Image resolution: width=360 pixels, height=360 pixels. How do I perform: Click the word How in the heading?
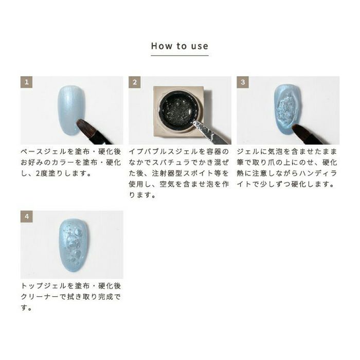(161, 46)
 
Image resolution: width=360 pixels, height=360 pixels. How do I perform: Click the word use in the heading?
(200, 47)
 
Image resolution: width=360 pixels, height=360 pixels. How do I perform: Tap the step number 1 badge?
(26, 82)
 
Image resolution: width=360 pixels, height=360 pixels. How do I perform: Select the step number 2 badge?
(135, 82)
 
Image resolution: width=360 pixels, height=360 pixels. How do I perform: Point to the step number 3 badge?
(243, 82)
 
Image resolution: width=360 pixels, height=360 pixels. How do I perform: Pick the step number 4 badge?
(27, 217)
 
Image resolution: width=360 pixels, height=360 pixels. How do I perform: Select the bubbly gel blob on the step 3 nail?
(287, 109)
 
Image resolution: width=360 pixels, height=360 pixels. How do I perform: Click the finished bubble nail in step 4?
(74, 245)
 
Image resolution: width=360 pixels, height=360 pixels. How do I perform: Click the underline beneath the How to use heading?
(180, 56)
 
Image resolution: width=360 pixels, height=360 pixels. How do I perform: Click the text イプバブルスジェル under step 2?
(163, 152)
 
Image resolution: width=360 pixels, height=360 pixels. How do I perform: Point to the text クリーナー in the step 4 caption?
(40, 297)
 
